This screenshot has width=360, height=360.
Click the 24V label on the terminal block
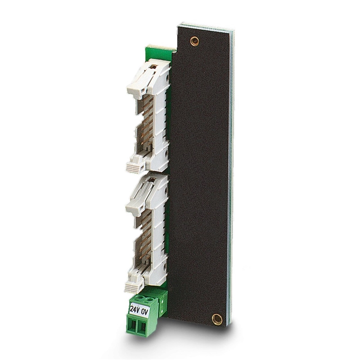pyautogui.click(x=135, y=309)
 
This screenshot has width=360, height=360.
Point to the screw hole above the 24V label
pyautogui.click(x=140, y=297)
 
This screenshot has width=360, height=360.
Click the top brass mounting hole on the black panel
pyautogui.click(x=194, y=41)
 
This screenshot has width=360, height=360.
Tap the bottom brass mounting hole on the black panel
pyautogui.click(x=217, y=319)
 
